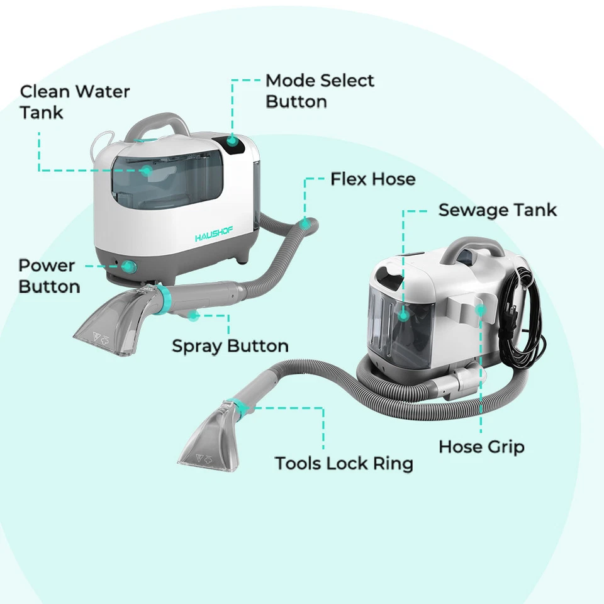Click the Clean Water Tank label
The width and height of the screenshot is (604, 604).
(x=74, y=101)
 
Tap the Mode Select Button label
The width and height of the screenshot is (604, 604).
(x=320, y=91)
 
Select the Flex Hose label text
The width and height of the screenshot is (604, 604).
(x=373, y=179)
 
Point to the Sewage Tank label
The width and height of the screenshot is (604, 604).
(x=497, y=210)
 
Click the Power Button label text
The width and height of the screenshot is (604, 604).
(x=49, y=276)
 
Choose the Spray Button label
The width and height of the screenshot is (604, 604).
(x=230, y=346)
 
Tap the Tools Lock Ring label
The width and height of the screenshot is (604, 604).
(x=344, y=464)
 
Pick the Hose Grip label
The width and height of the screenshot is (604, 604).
(x=481, y=447)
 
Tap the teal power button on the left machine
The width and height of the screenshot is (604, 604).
(x=129, y=267)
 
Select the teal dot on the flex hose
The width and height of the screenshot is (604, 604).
(x=306, y=222)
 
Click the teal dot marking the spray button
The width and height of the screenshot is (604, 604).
(x=195, y=315)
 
